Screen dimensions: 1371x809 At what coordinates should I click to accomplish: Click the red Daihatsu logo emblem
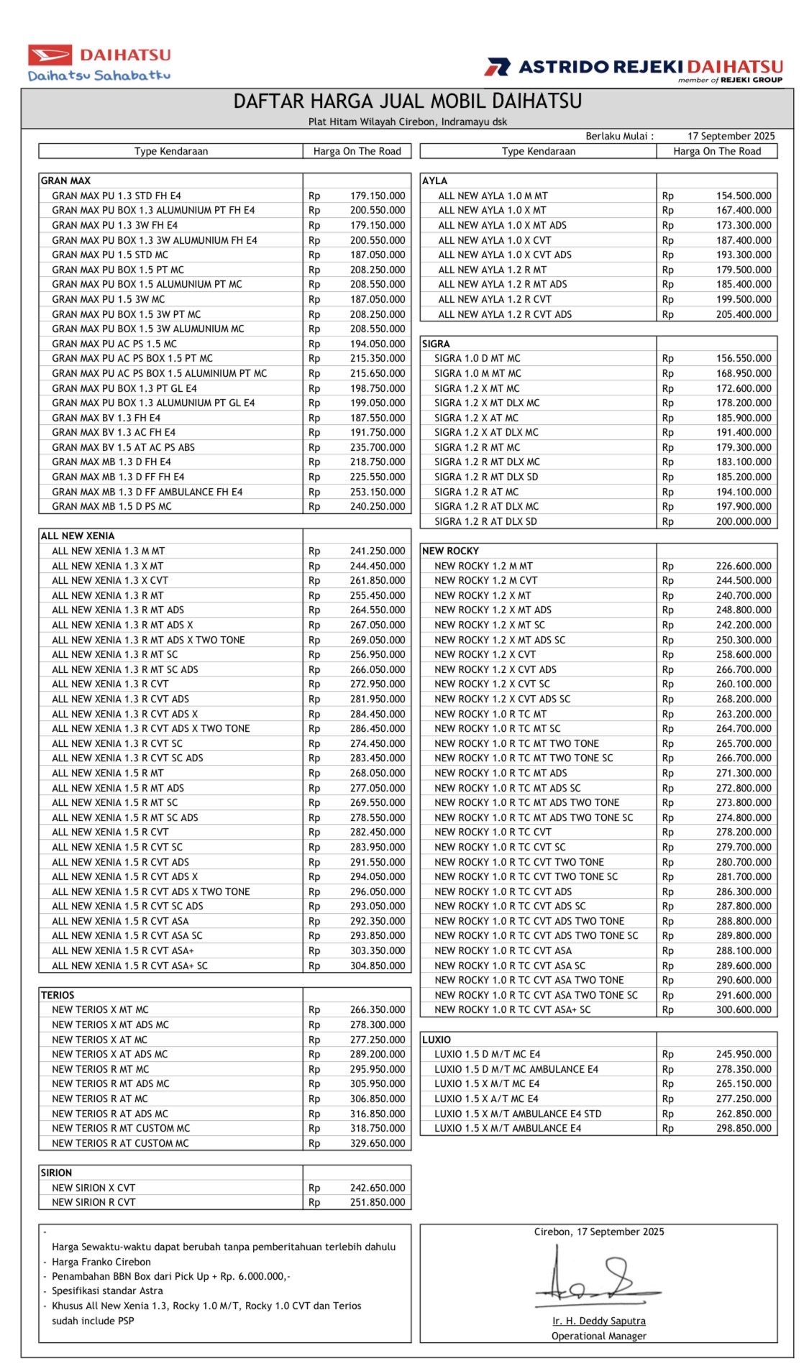pos(50,55)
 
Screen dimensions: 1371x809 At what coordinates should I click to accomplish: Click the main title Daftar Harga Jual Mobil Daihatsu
pos(407,101)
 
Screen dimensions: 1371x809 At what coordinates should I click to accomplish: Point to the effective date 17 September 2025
pos(731,136)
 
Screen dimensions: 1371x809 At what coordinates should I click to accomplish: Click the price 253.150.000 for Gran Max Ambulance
pos(377,492)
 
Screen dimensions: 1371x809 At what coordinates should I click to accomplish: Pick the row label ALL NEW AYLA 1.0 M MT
pos(493,196)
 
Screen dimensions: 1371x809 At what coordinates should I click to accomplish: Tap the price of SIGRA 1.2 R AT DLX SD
pos(743,521)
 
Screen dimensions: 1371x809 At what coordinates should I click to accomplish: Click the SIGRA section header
pos(436,344)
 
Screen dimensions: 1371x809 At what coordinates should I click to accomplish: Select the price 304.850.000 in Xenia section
pos(377,966)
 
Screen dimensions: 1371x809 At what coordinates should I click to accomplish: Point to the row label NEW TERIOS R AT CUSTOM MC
pos(120,1143)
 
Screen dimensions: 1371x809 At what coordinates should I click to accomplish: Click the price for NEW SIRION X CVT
pos(377,1188)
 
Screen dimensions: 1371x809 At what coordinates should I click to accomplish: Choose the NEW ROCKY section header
pos(450,551)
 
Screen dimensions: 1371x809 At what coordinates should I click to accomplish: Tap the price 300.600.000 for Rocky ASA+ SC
pos(743,1009)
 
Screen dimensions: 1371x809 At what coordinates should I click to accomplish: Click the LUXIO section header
pos(437,1040)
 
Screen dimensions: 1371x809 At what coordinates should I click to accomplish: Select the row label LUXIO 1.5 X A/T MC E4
pos(486,1099)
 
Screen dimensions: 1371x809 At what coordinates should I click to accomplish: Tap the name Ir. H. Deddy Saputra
pos(598,1321)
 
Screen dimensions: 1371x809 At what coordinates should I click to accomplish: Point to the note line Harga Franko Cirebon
pos(101,1262)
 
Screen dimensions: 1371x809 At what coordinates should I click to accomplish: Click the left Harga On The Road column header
pos(357,151)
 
